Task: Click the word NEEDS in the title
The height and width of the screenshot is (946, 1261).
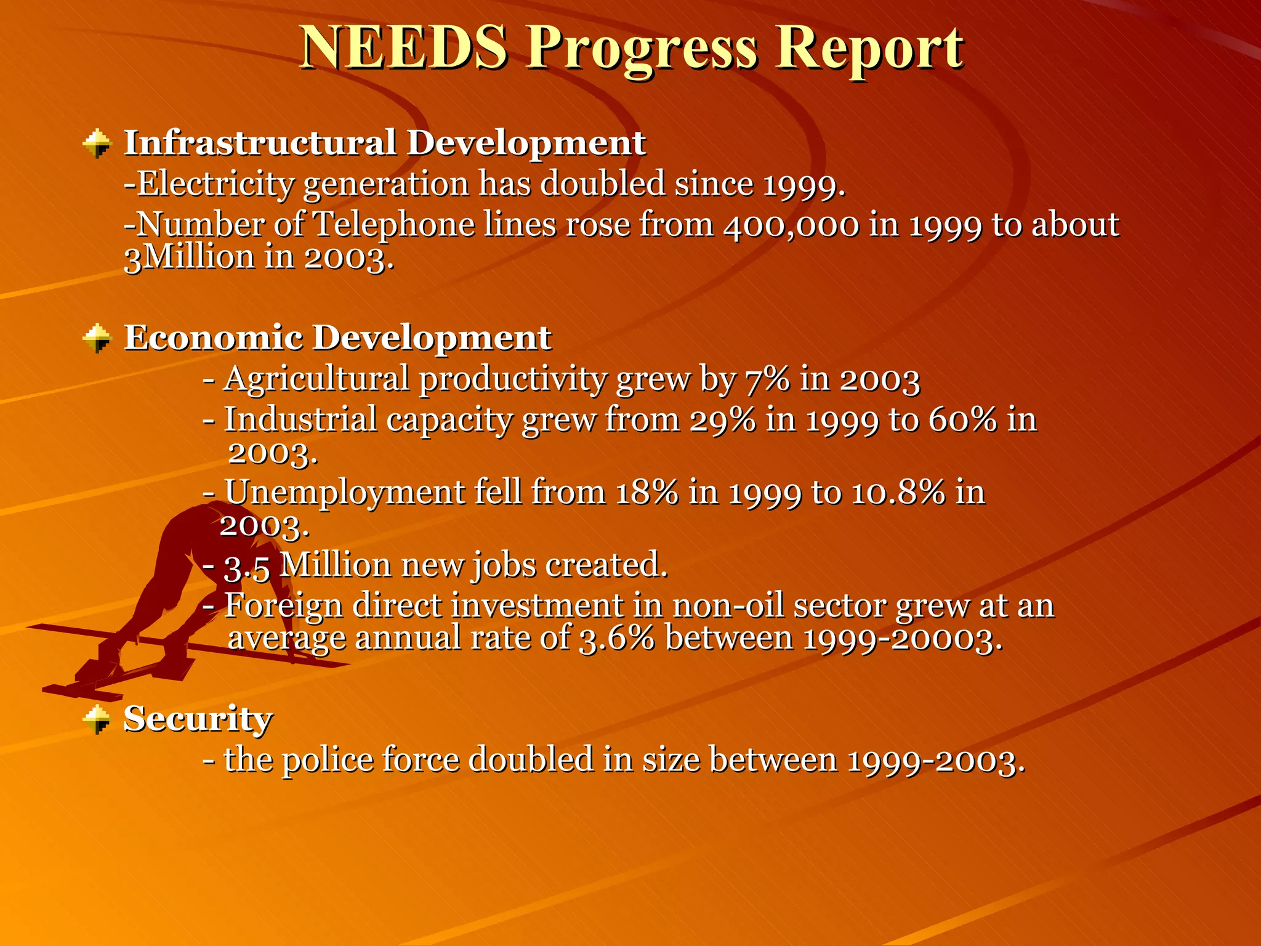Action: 405,48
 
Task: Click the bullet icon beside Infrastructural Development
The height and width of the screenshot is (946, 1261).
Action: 97,144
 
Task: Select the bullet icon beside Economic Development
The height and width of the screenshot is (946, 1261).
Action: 97,339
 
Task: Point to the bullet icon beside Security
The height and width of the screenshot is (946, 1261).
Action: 97,719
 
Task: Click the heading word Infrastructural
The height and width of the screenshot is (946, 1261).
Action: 260,143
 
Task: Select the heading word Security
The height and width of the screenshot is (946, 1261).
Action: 198,718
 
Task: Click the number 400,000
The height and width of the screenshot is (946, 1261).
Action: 791,225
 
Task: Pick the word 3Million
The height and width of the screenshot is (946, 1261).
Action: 189,257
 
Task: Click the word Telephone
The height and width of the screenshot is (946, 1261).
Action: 394,225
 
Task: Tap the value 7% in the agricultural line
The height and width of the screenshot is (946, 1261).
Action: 767,379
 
